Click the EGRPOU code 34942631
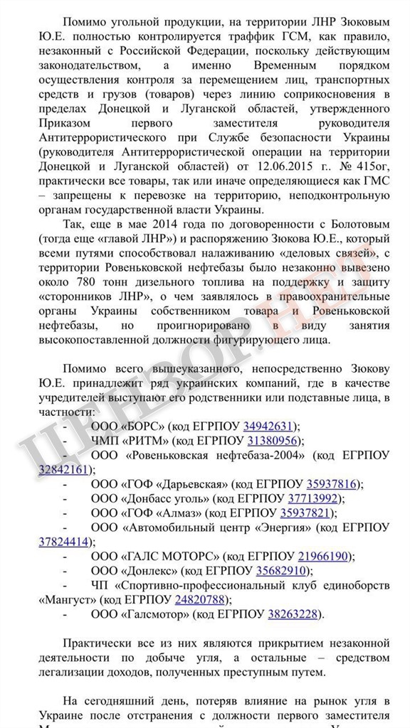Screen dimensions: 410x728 [268, 426]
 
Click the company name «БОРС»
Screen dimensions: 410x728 [145, 426]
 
